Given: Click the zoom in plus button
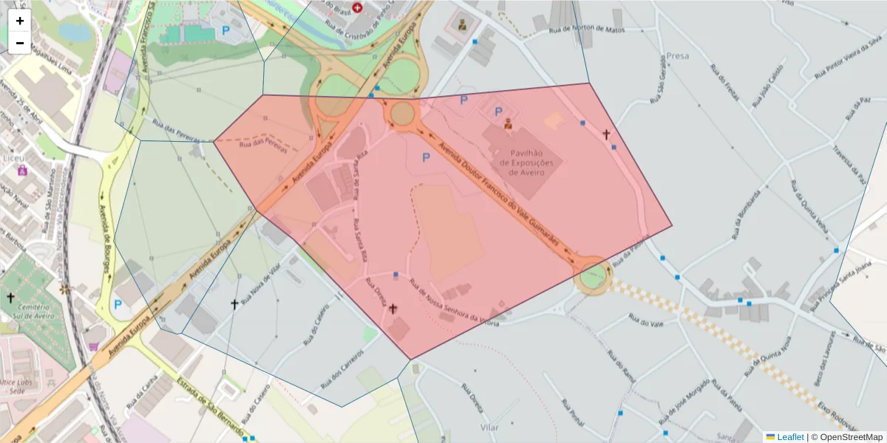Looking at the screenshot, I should tap(20, 21).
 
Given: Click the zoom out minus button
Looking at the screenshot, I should tap(20, 43).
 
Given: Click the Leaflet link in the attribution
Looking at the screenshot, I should tap(789, 437).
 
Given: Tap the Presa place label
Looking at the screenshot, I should tap(677, 55).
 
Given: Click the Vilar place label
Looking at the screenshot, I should tap(489, 427).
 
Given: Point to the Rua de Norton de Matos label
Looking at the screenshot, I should tap(588, 30).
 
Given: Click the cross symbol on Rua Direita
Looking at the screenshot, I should tap(392, 309).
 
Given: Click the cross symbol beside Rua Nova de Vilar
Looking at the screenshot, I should tap(234, 303).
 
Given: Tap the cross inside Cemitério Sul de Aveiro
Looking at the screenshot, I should tap(10, 298).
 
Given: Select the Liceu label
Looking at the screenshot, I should tap(13, 158).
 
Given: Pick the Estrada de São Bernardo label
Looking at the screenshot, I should tap(211, 406).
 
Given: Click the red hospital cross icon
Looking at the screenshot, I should tap(358, 7).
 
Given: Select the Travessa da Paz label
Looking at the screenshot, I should tap(849, 163).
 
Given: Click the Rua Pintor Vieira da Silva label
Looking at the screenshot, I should tap(850, 56).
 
